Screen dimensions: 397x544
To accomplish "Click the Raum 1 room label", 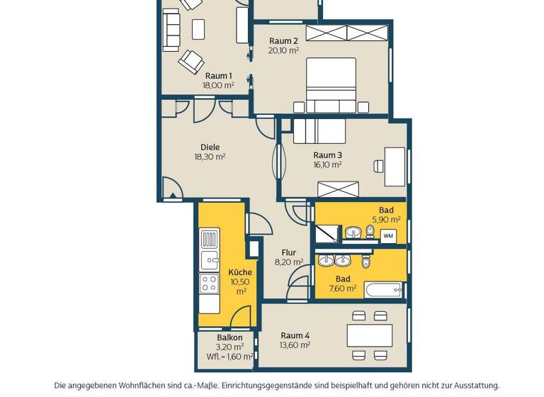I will click(x=217, y=75).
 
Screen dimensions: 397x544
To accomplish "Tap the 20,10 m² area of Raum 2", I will click(x=283, y=51).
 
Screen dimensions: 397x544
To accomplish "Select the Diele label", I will click(x=210, y=147).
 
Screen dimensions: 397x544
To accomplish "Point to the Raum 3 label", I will click(x=327, y=155).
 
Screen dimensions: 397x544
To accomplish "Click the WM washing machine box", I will click(x=388, y=235).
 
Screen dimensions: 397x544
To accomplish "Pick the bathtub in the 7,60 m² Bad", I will click(x=383, y=289).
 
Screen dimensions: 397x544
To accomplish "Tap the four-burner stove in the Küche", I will click(x=209, y=284).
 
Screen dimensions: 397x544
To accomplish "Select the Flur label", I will click(x=288, y=252).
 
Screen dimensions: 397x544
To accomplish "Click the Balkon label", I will click(x=229, y=337).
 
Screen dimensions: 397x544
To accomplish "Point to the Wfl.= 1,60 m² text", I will click(x=229, y=357).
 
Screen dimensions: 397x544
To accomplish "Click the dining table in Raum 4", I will click(x=370, y=334).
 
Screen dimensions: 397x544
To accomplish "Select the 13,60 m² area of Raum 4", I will click(x=295, y=345).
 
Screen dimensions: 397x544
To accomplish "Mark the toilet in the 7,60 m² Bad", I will click(x=365, y=262).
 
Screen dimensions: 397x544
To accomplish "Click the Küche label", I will click(x=240, y=272).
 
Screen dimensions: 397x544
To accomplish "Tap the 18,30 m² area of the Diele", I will click(x=210, y=157).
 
